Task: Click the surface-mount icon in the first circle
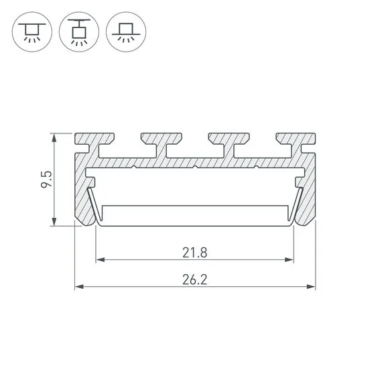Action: click(31, 31)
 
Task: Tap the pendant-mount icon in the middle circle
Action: click(78, 31)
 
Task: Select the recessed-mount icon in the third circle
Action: click(125, 31)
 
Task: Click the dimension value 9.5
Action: click(45, 180)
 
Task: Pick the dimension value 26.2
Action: click(194, 280)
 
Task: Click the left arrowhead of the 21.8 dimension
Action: click(100, 259)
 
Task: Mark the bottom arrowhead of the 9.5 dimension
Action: click(54, 222)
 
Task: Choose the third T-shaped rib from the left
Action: click(229, 141)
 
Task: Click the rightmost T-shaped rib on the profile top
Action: click(296, 141)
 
